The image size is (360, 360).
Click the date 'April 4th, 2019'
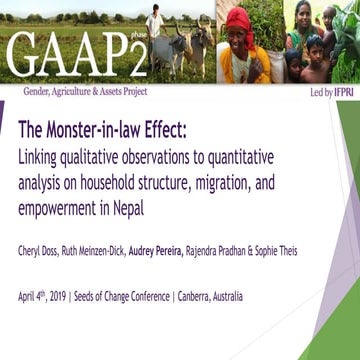pos(46,296)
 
